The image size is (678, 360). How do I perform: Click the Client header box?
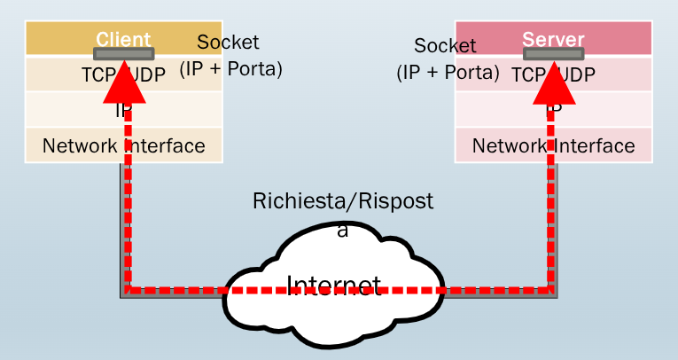53,38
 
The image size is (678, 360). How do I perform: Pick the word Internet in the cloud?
333,285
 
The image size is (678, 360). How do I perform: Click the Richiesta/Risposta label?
343,202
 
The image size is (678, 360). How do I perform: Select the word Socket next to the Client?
228,42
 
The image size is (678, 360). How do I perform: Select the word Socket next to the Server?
445,46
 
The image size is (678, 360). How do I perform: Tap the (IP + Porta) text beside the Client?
231,68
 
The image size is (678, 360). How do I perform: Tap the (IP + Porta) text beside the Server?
448,73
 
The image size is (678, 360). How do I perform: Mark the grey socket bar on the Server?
553,53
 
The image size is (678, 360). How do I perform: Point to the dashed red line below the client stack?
127,222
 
